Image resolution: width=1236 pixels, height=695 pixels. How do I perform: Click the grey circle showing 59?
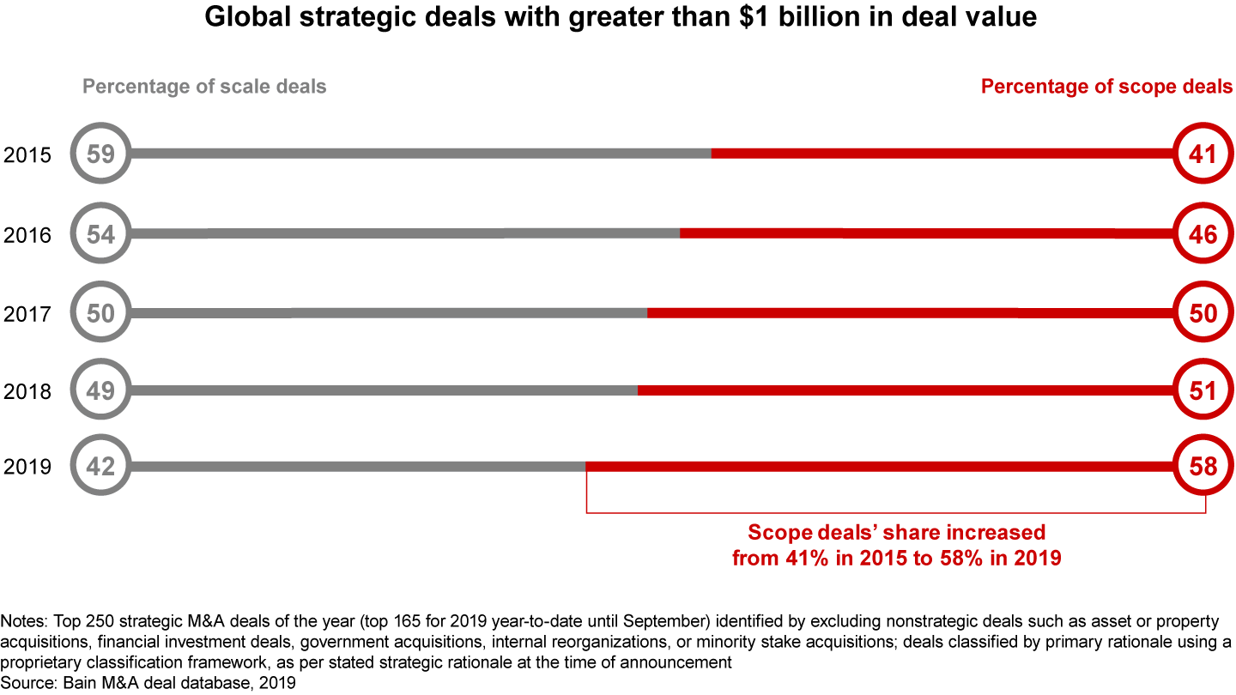click(100, 154)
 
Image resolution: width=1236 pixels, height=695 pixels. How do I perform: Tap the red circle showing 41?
click(1203, 154)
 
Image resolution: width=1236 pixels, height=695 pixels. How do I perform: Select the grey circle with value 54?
click(100, 233)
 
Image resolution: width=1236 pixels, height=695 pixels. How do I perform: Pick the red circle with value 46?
click(1203, 233)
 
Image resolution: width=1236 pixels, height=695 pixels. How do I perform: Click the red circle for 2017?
click(1203, 313)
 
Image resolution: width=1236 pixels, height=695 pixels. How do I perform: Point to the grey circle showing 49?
click(100, 391)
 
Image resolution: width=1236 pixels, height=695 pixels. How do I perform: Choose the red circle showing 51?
click(1203, 391)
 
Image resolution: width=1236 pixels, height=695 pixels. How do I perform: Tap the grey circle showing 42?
click(100, 466)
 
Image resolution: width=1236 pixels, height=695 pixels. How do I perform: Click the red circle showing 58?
click(1203, 466)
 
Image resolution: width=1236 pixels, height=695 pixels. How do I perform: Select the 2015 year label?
click(27, 155)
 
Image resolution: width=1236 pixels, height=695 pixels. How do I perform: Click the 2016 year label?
click(27, 234)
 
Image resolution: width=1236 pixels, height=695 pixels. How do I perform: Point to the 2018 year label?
click(27, 392)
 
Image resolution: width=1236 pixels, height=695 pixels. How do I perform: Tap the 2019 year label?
click(27, 467)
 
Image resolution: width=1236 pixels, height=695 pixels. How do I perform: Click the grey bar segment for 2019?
click(356, 466)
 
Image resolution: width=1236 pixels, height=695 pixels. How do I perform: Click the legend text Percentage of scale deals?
click(204, 87)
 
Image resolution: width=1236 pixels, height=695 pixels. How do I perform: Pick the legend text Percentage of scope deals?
click(1106, 87)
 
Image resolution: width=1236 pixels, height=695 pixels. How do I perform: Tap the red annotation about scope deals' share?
click(896, 545)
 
